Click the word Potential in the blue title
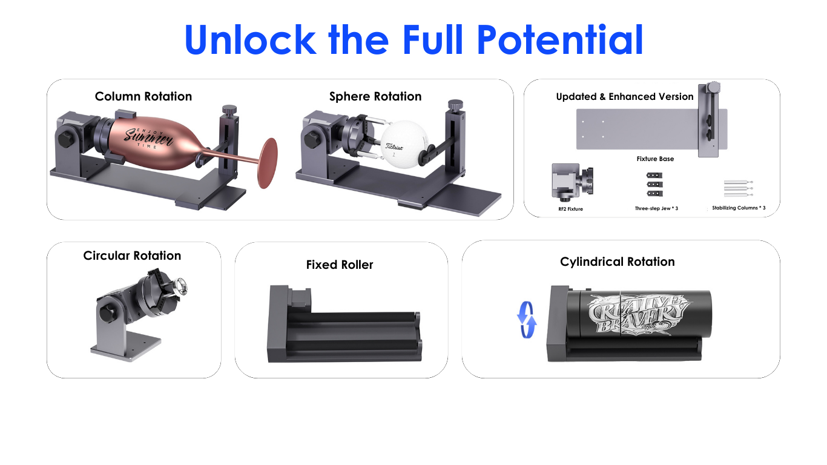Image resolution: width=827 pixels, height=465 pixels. click(560, 39)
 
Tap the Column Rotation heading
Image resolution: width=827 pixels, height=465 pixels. click(143, 96)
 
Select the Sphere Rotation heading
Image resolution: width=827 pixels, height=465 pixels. click(375, 96)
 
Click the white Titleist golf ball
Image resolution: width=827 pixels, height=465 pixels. click(404, 145)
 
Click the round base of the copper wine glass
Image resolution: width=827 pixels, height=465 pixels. click(267, 163)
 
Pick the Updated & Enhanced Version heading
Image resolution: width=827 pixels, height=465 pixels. click(625, 97)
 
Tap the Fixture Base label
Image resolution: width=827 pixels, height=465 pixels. click(655, 159)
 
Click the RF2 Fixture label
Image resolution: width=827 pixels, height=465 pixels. click(570, 209)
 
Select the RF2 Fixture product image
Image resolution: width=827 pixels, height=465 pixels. click(572, 182)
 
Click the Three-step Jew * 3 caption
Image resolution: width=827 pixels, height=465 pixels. click(656, 208)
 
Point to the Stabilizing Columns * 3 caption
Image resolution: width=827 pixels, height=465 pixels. click(739, 208)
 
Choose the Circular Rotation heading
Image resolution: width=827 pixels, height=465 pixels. click(132, 256)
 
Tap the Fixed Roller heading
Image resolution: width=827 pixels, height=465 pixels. click(339, 265)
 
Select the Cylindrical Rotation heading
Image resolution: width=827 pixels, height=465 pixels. click(617, 262)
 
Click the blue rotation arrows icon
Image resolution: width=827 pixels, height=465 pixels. click(527, 320)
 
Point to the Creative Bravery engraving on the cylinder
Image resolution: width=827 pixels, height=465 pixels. click(638, 315)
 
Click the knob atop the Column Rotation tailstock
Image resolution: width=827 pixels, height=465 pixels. click(229, 110)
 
